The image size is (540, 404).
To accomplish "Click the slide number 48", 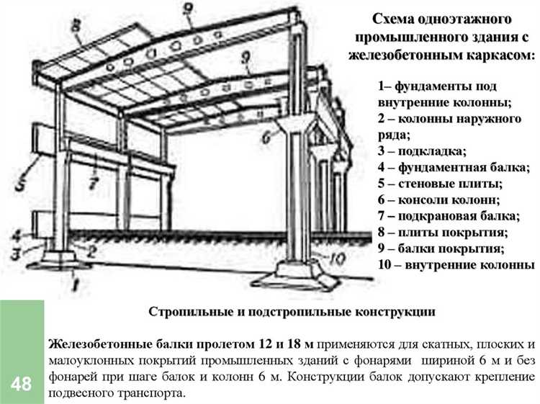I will tap(21, 384).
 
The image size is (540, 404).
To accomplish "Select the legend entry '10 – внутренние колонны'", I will tap(456, 264).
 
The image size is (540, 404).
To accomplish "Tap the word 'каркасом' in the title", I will tap(499, 54).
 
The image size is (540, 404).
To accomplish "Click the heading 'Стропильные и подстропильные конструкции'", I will tap(292, 312).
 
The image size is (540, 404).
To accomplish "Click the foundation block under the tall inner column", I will tap(297, 271).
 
